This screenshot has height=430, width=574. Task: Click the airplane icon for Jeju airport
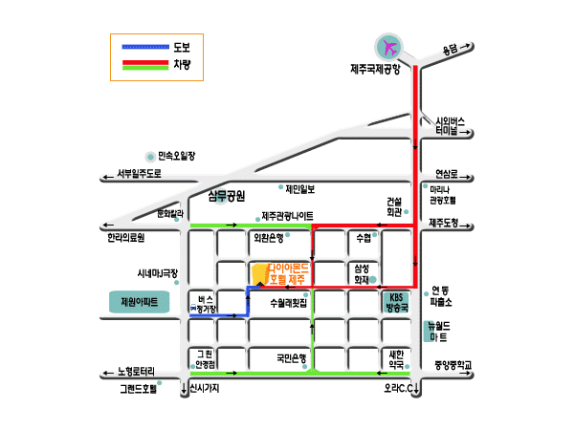[x=389, y=46]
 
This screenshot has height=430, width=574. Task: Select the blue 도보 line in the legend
[x=146, y=46]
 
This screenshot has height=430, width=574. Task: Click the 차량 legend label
[x=182, y=64]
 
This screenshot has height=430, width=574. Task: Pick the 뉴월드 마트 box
[x=437, y=332]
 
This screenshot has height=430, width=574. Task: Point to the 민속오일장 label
[x=176, y=155]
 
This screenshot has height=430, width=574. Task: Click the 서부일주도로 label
[x=140, y=174]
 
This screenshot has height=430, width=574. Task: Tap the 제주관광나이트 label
[x=287, y=216]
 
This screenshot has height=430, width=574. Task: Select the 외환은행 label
[x=268, y=236]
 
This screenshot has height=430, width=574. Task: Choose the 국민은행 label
[x=291, y=359]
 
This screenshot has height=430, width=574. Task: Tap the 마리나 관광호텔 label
[x=442, y=196]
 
